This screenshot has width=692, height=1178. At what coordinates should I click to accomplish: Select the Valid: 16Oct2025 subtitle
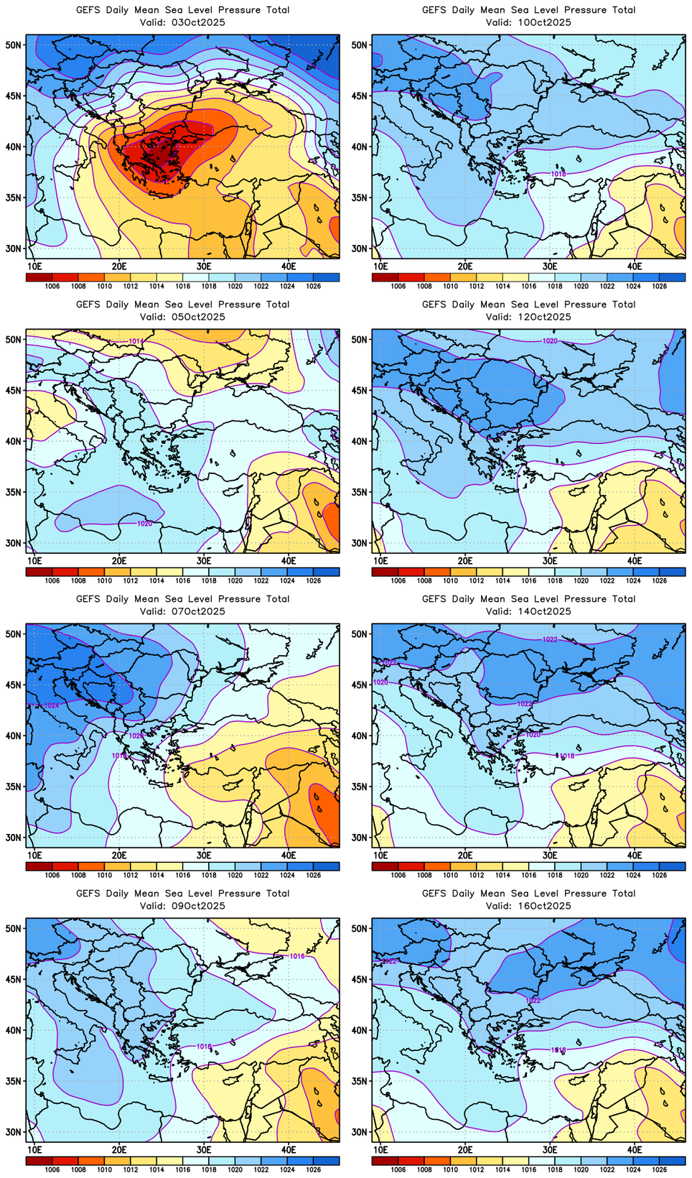(528, 906)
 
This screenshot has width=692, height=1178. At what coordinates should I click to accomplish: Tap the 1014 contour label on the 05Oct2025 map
(136, 341)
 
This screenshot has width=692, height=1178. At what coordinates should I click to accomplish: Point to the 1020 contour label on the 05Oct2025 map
(144, 524)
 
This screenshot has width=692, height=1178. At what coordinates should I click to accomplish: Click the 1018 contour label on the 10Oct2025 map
(558, 174)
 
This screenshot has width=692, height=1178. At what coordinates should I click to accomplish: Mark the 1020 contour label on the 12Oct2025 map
(550, 341)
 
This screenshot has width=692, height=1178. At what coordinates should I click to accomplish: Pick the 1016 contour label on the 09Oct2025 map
(297, 956)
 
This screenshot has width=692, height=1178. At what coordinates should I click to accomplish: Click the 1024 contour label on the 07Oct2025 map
(52, 706)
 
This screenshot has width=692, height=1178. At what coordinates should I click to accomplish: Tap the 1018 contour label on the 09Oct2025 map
(204, 1047)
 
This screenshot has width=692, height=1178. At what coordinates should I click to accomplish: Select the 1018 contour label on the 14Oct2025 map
(567, 756)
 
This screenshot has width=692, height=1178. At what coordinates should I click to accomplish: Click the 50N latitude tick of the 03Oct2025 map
(15, 45)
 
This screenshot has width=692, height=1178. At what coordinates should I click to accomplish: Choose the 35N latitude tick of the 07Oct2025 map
(15, 787)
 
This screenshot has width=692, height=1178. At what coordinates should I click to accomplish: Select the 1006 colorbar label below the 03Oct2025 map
(52, 287)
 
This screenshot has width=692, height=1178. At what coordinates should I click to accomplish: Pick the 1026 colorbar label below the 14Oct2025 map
(660, 876)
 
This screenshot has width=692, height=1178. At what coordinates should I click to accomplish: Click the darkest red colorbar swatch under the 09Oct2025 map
(39, 1161)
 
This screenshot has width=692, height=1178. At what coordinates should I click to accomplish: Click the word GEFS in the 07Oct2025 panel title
(88, 599)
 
